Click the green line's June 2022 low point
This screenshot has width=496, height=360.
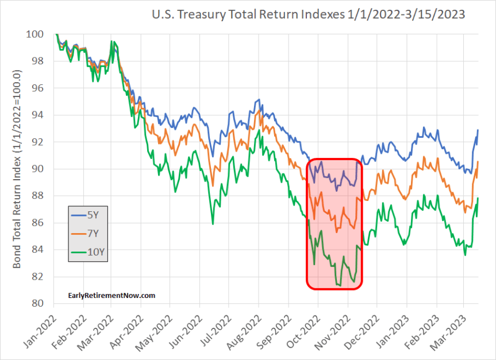[213, 223]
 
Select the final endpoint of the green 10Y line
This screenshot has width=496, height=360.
[478, 198]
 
